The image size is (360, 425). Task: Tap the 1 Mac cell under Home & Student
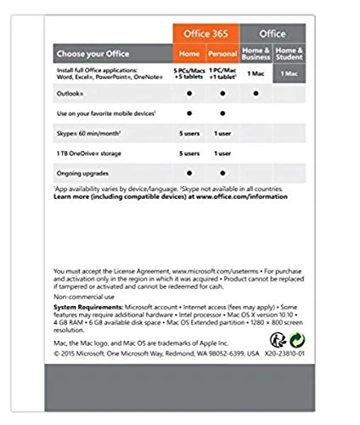point(290,73)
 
